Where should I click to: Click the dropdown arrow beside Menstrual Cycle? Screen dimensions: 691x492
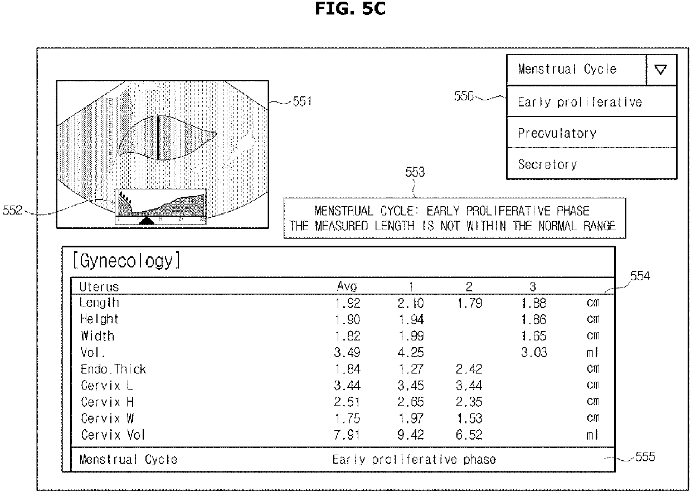(x=661, y=70)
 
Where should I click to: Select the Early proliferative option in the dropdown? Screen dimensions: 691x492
(x=580, y=102)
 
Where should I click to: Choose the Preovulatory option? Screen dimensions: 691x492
(x=557, y=133)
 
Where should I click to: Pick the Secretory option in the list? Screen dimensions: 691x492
(x=547, y=164)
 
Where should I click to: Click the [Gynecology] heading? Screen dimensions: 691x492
(x=126, y=261)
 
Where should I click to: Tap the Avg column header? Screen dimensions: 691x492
(x=347, y=287)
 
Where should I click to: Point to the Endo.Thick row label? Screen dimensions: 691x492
(x=113, y=369)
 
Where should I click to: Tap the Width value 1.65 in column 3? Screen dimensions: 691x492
(x=533, y=336)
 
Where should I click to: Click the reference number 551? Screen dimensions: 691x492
(x=303, y=102)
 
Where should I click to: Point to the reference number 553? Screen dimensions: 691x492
(x=415, y=172)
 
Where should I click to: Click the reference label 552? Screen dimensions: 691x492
(x=12, y=211)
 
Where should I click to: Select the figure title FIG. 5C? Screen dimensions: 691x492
(x=349, y=9)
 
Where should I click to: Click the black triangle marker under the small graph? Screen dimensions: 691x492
(x=147, y=221)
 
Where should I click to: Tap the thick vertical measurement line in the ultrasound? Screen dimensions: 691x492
(x=159, y=138)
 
